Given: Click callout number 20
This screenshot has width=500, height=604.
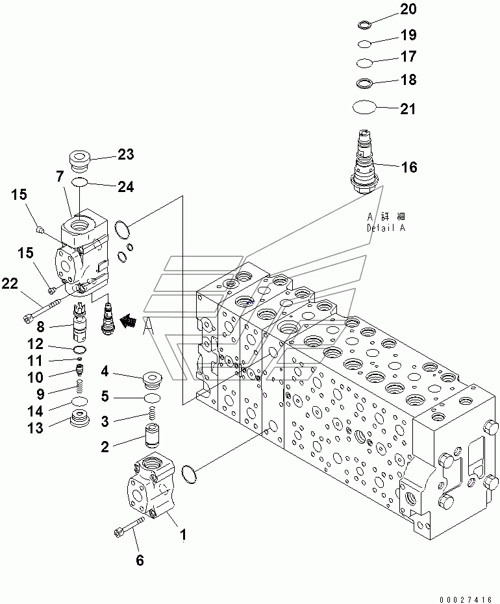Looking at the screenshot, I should tap(408, 9).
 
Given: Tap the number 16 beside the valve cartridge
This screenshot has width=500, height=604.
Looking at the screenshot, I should tap(408, 168).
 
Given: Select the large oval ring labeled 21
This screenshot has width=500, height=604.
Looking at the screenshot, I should tap(364, 107).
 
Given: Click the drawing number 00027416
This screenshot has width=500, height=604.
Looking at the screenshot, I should tap(466, 596).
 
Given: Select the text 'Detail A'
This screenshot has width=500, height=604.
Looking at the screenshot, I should tap(386, 228).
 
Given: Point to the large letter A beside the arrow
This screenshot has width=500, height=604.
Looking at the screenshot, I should tap(148, 325).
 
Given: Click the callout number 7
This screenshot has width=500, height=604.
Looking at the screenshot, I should tap(59, 176).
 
